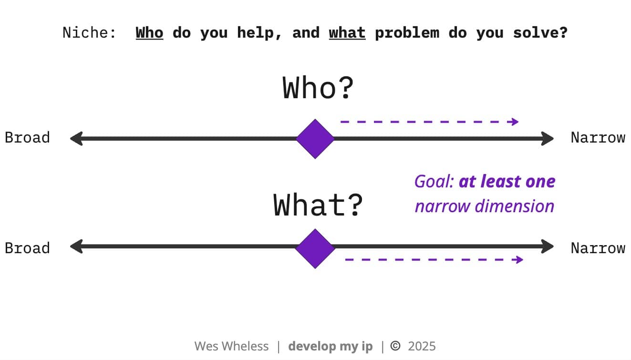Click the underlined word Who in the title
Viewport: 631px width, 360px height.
coord(149,33)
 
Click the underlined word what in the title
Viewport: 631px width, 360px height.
coord(347,33)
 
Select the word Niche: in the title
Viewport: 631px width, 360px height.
coord(89,33)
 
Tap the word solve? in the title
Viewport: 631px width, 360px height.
coord(540,33)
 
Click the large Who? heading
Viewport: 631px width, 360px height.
coord(318,88)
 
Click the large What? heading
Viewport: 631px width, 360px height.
coord(318,205)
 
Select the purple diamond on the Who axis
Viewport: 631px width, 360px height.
coord(315,139)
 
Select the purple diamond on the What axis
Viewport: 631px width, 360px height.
coord(315,248)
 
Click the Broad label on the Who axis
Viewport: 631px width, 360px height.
coord(27,137)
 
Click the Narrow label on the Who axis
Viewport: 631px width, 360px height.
coord(598,137)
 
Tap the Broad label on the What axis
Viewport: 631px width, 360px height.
coord(27,248)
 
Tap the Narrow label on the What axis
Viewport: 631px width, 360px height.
coord(598,248)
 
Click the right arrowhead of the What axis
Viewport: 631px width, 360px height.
coord(548,247)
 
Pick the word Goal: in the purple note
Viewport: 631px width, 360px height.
coord(434,181)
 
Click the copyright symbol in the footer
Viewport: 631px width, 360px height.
coord(395,346)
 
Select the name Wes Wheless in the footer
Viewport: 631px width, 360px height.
coord(231,346)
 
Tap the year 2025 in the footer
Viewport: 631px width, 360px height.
coord(422,346)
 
